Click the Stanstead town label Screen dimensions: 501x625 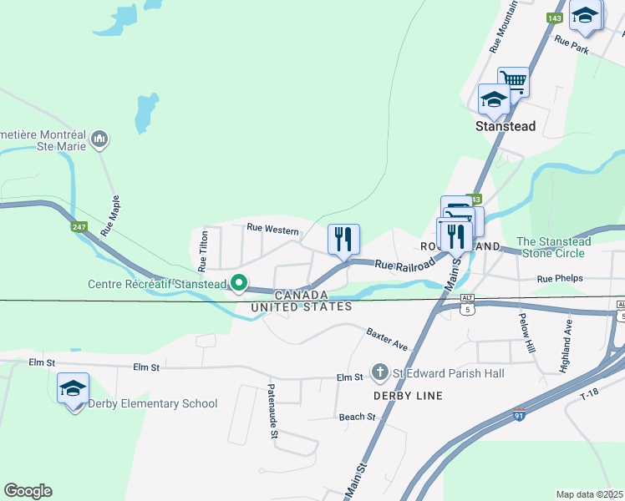505,127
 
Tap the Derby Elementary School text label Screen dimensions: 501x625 154,404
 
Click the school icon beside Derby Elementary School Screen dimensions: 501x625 74,388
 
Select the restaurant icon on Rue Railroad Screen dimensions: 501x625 343,240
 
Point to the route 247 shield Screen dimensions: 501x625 79,226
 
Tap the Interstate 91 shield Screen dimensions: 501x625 519,415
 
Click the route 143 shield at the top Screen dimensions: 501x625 554,18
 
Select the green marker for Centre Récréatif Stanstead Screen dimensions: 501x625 238,284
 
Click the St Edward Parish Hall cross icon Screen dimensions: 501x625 379,371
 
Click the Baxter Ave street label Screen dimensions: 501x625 386,338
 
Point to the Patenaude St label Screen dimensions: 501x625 272,410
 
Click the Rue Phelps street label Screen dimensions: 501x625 559,279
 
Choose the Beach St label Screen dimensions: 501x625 357,417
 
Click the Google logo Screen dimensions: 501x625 28,491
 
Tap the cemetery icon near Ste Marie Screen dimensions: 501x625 99,138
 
